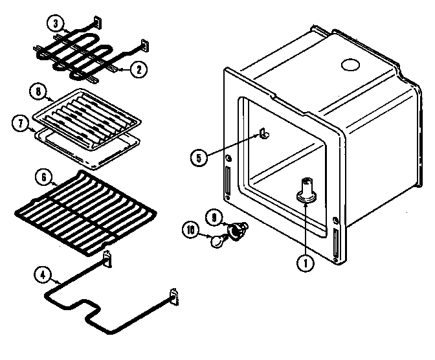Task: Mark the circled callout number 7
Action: pos(21,121)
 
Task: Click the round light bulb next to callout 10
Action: pos(216,242)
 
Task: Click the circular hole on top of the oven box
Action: pos(350,65)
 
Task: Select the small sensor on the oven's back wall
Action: pos(264,135)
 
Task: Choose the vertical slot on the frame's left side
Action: pos(227,181)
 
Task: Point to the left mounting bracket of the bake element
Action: pos(107,258)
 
